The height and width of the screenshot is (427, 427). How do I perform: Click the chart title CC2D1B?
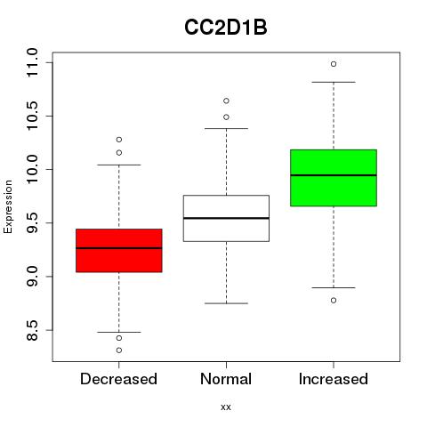[x=226, y=28]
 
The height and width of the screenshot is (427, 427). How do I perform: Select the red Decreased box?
[x=119, y=251]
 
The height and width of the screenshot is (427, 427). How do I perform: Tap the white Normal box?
[x=226, y=218]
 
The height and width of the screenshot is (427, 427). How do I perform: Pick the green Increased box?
[x=334, y=178]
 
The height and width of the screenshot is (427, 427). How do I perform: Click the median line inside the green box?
[x=334, y=175]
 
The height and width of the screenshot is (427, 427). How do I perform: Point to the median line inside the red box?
[x=119, y=248]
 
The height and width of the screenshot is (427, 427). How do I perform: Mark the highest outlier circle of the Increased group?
[x=334, y=64]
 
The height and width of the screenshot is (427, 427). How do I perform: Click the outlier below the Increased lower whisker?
[x=334, y=301]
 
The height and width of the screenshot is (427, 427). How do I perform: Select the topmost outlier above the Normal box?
[x=226, y=101]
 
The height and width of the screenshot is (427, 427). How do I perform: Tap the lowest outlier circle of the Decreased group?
[x=119, y=350]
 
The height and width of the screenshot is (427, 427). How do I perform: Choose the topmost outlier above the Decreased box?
[x=119, y=140]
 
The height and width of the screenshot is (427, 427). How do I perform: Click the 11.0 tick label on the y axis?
[x=32, y=63]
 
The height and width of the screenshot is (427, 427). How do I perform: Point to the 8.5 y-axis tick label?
[x=32, y=330]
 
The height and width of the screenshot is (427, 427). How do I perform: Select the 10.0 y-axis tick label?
[x=32, y=169]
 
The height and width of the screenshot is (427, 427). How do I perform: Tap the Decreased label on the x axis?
[x=118, y=379]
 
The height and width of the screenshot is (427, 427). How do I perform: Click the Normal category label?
[x=226, y=379]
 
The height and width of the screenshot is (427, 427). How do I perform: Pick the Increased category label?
[x=334, y=379]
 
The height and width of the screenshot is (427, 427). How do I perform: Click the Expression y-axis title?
[x=8, y=206]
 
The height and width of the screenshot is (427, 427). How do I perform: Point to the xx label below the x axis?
[x=226, y=407]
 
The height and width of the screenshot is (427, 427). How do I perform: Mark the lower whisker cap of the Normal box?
[x=226, y=303]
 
